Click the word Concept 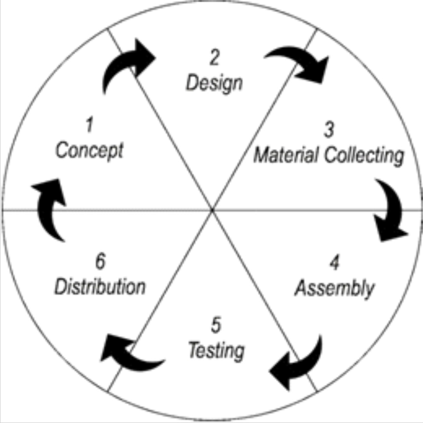pyautogui.click(x=89, y=151)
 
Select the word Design pyautogui.click(x=214, y=83)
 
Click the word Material pyautogui.click(x=286, y=156)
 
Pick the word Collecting pyautogui.click(x=363, y=156)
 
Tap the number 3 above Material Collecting pyautogui.click(x=329, y=130)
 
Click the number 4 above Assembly pyautogui.click(x=334, y=264)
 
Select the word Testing pyautogui.click(x=216, y=351)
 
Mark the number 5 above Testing pyautogui.click(x=215, y=326)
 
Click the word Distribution pyautogui.click(x=100, y=287)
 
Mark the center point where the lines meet pyautogui.click(x=212, y=210)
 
